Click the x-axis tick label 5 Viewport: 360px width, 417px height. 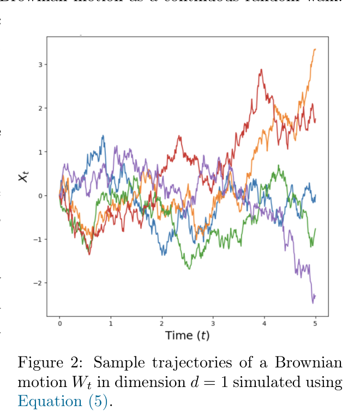tap(315, 323)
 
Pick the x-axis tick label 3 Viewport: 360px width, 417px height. tap(213, 323)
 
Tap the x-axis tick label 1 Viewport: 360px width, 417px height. tap(111, 323)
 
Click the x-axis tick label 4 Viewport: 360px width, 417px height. tap(264, 323)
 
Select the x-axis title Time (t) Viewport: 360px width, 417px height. tap(187, 335)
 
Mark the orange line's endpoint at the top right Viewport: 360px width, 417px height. tap(315, 49)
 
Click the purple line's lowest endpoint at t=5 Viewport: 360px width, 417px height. tap(313, 302)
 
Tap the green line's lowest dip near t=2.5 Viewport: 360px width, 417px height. tap(189, 268)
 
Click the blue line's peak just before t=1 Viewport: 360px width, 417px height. tap(103, 136)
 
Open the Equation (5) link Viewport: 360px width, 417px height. tap(64, 401)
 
